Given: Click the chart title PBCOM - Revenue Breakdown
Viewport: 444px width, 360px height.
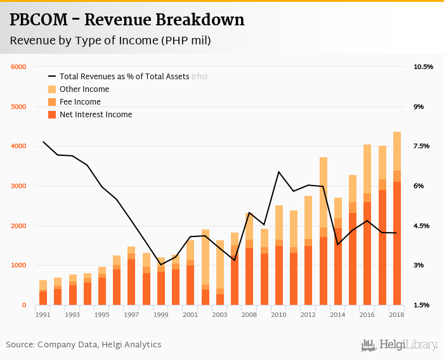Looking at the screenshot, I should click(127, 20).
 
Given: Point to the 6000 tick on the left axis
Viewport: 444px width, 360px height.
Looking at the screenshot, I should click(18, 67).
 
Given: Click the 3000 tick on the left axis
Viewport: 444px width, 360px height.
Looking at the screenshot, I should click(18, 186).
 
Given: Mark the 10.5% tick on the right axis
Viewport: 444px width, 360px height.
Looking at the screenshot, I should click(422, 67).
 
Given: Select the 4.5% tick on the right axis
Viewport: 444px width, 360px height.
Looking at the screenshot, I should click(422, 226).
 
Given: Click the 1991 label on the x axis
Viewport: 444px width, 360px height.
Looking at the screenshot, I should click(43, 314).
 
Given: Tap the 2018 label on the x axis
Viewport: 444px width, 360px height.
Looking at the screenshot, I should click(397, 314).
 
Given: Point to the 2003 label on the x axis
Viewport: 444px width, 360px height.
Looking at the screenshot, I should click(220, 314).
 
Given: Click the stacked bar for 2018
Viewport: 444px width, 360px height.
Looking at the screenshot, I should click(397, 219).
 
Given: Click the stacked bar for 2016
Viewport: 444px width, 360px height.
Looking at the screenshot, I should click(367, 225).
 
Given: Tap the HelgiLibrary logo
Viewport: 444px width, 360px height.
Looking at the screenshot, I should click(400, 345).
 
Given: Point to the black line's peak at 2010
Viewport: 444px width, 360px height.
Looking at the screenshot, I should click(279, 172).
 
